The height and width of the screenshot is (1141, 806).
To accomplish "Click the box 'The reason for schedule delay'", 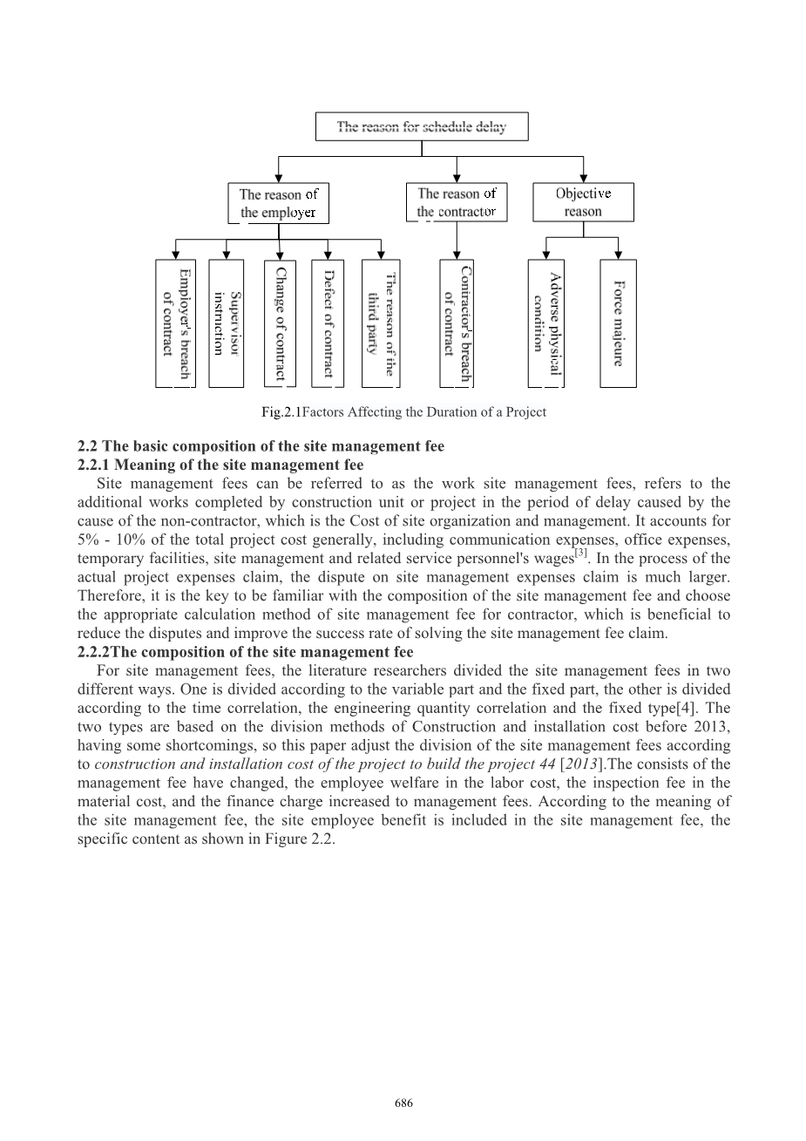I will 422,127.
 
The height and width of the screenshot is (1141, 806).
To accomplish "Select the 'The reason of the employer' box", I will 278,203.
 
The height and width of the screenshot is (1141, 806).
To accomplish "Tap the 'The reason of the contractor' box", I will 457,202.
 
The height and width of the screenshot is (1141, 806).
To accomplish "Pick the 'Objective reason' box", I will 583,202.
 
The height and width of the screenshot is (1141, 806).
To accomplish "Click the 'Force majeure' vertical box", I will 618,323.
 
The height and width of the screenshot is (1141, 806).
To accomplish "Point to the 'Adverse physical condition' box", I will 546,323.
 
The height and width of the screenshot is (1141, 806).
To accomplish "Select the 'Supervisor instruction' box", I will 227,323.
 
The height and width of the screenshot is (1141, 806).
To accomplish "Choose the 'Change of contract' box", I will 280,323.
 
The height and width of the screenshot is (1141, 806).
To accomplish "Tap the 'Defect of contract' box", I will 328,323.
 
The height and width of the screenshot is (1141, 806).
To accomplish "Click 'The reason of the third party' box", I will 380,323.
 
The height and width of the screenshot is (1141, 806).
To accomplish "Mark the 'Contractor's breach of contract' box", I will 457,323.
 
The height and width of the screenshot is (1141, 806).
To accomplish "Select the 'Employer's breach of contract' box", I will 175,323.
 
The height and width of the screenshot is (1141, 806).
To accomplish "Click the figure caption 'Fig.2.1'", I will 281,412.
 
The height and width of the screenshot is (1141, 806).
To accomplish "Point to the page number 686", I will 403,1104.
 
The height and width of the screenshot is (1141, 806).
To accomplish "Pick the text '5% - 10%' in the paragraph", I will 112,540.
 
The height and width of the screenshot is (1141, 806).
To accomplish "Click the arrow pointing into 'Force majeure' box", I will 618,253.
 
